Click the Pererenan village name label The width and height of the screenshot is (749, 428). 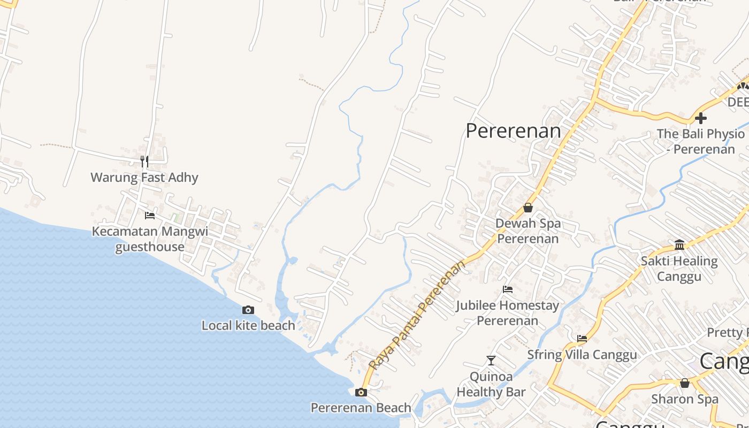point(513,131)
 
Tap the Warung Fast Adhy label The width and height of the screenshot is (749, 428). point(144,178)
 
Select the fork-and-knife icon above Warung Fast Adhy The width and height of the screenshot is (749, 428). point(144,161)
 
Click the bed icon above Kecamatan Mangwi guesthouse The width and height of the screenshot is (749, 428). point(150,216)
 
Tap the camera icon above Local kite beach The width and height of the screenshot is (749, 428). point(248,310)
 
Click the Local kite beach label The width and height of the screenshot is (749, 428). point(248,325)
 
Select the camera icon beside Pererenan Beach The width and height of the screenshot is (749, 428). point(361,393)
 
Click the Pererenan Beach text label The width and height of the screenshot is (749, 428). point(361,408)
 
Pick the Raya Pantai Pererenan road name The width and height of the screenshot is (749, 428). point(416,315)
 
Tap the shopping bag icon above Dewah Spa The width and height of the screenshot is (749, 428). point(528,208)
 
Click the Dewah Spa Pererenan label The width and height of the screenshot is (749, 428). point(528,231)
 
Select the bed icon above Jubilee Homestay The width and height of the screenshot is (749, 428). point(508,289)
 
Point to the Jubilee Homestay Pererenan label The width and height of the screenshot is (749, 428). point(508,313)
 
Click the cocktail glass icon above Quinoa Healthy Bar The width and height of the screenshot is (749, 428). point(491,361)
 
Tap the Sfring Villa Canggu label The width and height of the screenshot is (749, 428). point(582,355)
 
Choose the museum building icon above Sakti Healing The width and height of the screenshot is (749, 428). point(679,245)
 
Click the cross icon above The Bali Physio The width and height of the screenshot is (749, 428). point(701,118)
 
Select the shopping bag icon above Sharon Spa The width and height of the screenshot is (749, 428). point(685,383)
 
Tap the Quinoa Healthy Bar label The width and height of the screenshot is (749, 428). point(491,384)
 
